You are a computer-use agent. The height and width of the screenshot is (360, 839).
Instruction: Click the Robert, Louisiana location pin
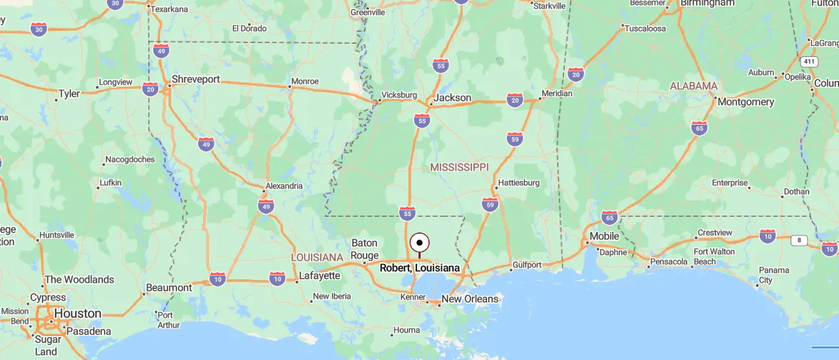click(x=419, y=244)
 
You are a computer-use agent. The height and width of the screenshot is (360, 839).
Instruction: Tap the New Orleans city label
click(x=470, y=299)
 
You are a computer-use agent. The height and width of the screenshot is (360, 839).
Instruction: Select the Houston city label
click(x=78, y=313)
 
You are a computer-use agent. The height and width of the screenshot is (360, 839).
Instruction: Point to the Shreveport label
click(x=195, y=79)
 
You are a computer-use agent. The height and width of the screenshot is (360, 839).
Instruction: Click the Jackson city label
click(x=453, y=98)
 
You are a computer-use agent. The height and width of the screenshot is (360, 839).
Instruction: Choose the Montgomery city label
click(x=746, y=102)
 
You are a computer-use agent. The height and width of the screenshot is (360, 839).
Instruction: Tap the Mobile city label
click(x=604, y=236)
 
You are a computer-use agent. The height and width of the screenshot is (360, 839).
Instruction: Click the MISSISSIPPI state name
click(x=460, y=167)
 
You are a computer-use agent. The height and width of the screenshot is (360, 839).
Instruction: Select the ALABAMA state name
click(x=694, y=86)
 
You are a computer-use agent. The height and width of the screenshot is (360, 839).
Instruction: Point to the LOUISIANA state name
click(x=317, y=257)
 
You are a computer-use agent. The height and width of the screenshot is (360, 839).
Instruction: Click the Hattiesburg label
click(x=518, y=182)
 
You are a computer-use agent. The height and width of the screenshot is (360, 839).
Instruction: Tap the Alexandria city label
click(x=284, y=186)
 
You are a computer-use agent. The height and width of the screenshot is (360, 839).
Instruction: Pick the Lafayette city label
click(x=319, y=275)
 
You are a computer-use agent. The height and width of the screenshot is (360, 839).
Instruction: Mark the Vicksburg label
click(x=399, y=95)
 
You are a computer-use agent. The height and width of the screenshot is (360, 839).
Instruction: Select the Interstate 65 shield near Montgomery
click(x=699, y=128)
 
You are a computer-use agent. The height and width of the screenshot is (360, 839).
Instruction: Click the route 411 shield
click(x=808, y=61)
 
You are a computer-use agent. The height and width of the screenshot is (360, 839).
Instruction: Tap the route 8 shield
click(x=798, y=240)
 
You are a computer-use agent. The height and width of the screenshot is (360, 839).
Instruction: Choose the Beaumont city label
click(x=169, y=288)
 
